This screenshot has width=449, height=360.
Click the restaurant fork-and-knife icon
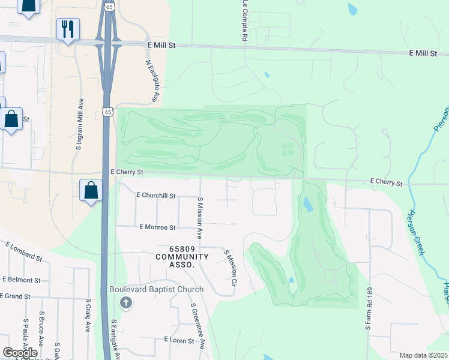pos(68,28)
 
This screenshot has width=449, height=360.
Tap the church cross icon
pos(126,302)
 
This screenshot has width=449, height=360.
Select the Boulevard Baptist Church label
pos(156,289)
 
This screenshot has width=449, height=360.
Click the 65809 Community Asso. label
pos(182,256)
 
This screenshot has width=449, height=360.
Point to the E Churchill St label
pos(156,196)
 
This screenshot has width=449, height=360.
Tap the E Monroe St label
pos(157,228)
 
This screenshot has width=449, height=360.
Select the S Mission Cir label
pos(230,263)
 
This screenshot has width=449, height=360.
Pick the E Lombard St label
pos(24,251)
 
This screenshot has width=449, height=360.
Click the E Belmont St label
pos(21,280)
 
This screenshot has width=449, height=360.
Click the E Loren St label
pos(179,340)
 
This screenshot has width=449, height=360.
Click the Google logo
pos(20,352)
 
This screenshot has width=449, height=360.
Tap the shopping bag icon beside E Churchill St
pos(91,191)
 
